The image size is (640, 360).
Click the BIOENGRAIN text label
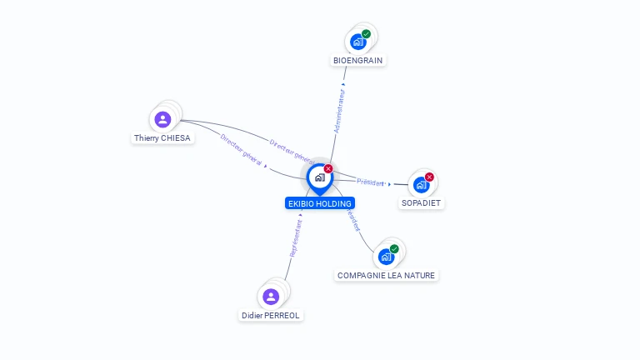[359, 61]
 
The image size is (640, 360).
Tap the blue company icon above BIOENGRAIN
[358, 42]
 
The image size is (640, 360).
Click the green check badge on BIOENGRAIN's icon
[367, 34]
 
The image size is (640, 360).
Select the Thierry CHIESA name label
[162, 138]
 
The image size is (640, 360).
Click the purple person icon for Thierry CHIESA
[162, 119]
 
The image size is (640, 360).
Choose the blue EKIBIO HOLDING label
[319, 203]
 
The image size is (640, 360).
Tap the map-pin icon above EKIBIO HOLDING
[319, 177]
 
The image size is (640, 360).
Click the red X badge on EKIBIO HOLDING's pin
[328, 168]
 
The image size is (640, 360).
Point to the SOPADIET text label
[421, 203]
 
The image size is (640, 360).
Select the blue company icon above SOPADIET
[421, 184]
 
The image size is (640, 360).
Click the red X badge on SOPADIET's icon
[430, 177]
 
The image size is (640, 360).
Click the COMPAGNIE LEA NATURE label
[386, 276]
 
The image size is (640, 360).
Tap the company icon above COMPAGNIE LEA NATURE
[386, 257]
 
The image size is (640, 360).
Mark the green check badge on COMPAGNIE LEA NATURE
[394, 248]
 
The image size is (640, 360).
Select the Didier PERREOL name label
[271, 316]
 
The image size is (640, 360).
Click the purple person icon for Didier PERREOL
[271, 297]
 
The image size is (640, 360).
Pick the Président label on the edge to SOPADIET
[370, 182]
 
